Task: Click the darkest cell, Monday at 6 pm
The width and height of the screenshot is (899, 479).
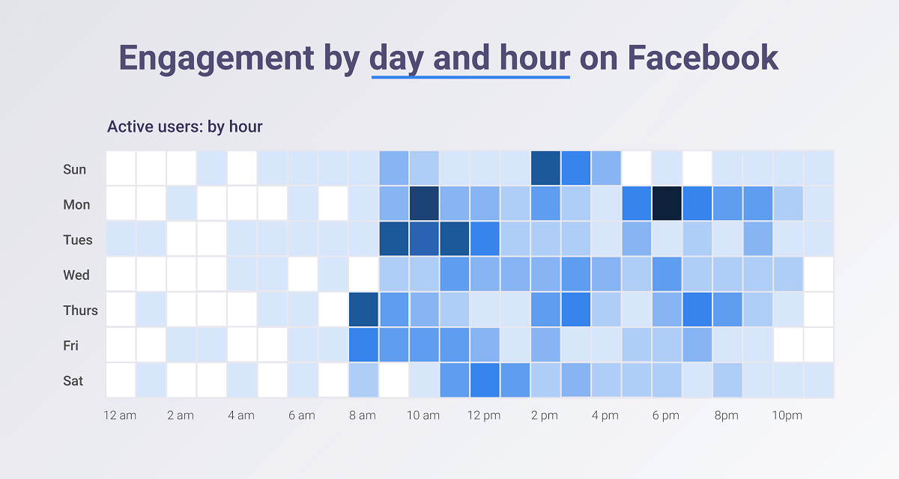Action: (667, 204)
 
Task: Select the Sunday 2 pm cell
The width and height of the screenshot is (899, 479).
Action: (545, 168)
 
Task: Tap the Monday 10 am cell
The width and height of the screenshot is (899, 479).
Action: (424, 204)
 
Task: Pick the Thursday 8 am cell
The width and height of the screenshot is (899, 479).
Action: (363, 309)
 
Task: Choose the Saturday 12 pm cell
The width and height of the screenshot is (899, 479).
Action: (485, 380)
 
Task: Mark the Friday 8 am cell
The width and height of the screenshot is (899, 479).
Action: (363, 345)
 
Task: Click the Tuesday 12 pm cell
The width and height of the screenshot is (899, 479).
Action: (485, 239)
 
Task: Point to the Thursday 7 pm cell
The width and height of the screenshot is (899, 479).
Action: (697, 309)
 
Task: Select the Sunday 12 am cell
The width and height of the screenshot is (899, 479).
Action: (121, 168)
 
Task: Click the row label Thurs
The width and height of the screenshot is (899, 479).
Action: (80, 311)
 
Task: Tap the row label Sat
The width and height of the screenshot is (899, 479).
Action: (73, 381)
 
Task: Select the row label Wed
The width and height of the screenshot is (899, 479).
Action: (76, 275)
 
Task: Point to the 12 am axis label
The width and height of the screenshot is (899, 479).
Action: (120, 415)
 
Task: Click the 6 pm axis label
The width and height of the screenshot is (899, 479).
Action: (666, 415)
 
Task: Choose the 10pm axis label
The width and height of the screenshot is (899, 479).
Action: (787, 415)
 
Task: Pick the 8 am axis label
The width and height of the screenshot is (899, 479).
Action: (363, 415)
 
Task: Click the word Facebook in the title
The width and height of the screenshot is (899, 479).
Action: (703, 58)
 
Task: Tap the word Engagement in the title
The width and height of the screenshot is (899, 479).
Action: (217, 59)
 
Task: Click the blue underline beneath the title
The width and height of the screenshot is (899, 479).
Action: (470, 76)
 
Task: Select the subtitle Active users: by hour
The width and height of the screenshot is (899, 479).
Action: (184, 127)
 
